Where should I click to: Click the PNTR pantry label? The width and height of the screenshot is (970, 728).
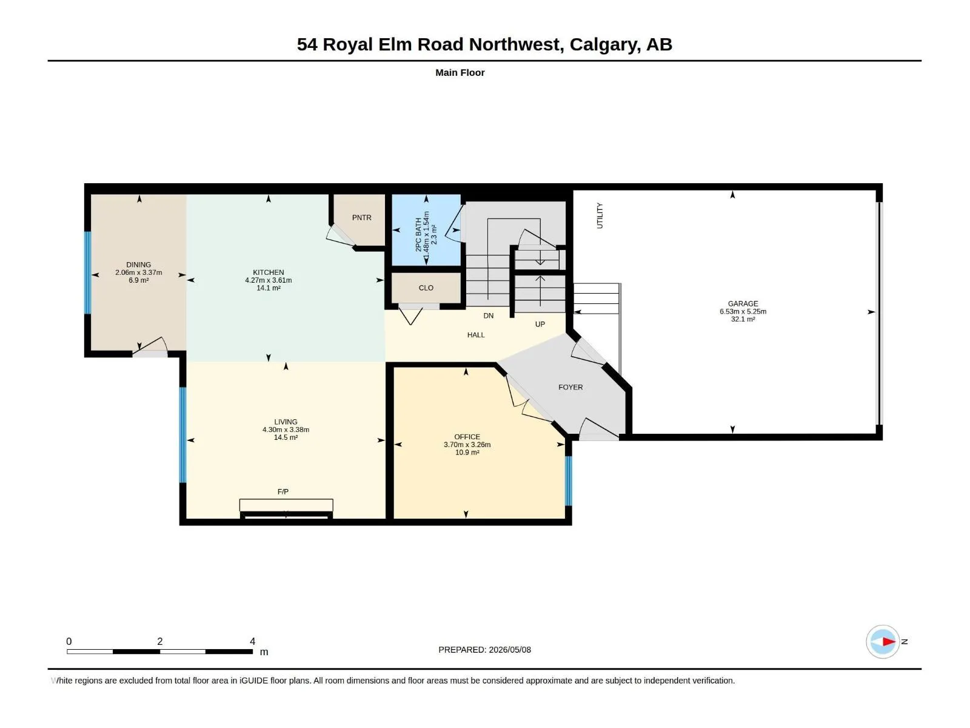click(x=361, y=217)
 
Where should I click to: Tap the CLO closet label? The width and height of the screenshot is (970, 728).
click(x=426, y=288)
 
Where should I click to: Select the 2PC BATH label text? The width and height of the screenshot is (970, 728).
click(x=418, y=235)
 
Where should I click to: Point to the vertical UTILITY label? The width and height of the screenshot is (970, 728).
click(x=600, y=216)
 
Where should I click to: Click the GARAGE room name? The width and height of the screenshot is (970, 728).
click(x=743, y=304)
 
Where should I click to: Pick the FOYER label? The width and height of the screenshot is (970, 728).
click(x=570, y=387)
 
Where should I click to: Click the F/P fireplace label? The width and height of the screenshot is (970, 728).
click(x=283, y=491)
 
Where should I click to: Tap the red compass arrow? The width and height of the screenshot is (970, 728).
click(x=889, y=641)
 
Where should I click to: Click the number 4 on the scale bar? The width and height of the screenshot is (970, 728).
click(x=252, y=641)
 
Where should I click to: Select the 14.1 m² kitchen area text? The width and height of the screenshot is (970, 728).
click(x=268, y=288)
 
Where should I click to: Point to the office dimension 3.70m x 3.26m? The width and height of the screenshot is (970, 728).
click(x=467, y=445)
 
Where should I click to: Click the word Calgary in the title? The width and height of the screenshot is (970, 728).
click(x=604, y=45)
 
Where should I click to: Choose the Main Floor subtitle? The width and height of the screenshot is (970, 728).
click(x=460, y=72)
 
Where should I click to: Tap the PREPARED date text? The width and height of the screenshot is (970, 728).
click(x=485, y=650)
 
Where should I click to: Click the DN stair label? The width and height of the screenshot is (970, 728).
click(x=488, y=315)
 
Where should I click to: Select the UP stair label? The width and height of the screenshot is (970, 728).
click(x=540, y=324)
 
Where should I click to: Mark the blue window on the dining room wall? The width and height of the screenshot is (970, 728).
click(x=87, y=273)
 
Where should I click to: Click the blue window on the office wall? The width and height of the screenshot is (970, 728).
click(x=569, y=480)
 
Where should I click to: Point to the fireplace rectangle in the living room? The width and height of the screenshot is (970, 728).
click(x=286, y=505)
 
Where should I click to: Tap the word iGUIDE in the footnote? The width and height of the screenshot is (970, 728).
click(x=253, y=681)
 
